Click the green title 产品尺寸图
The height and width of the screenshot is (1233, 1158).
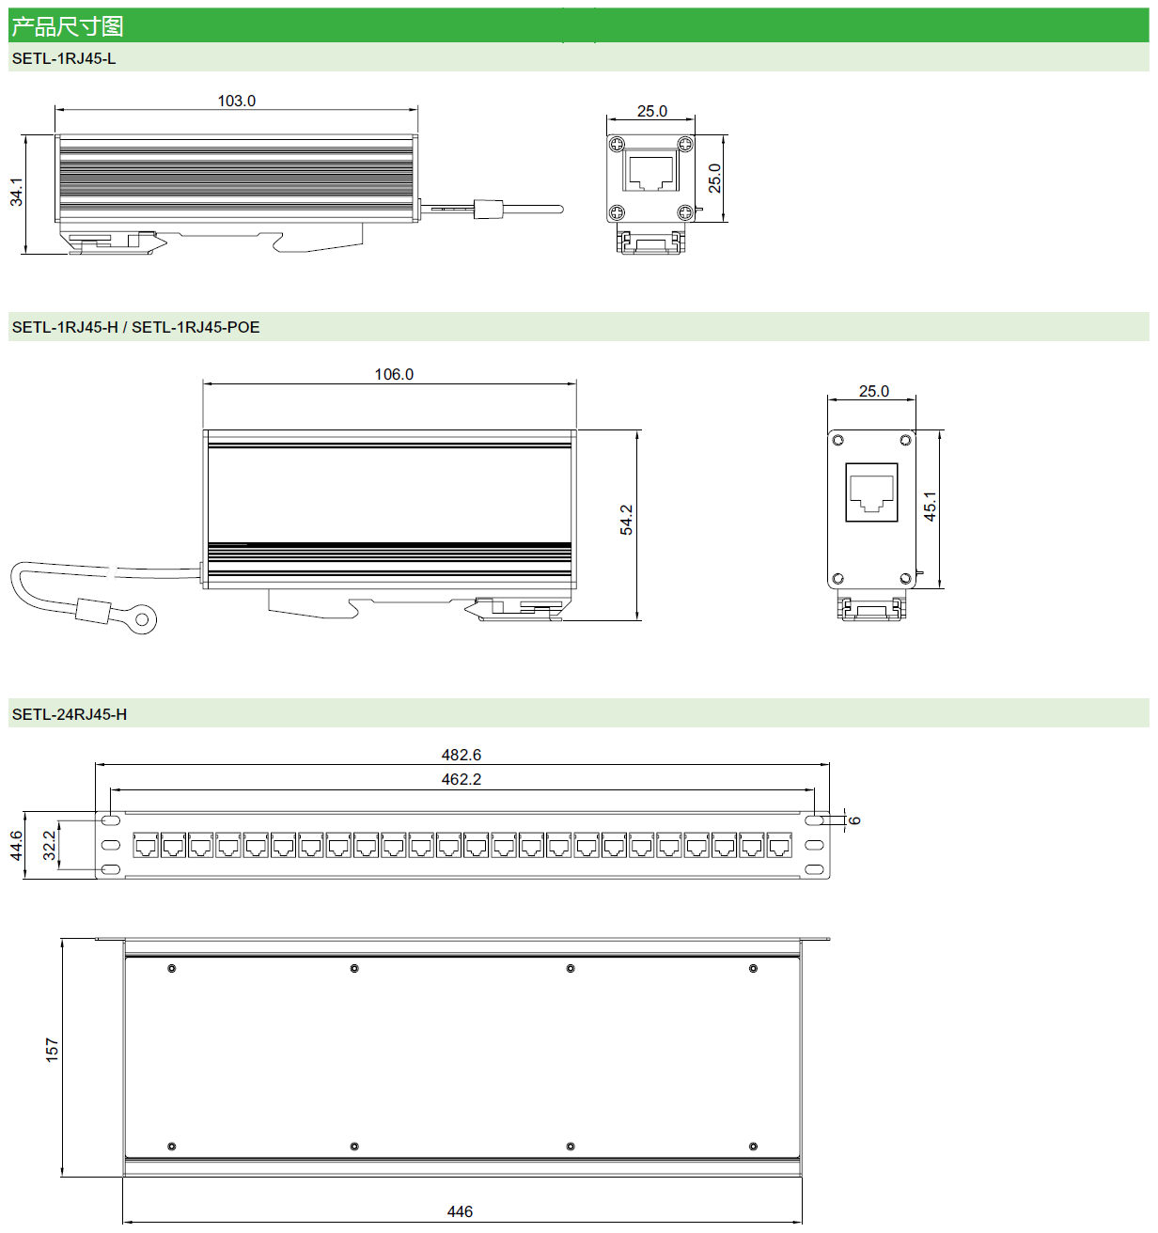(68, 26)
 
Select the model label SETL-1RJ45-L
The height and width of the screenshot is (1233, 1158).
(64, 58)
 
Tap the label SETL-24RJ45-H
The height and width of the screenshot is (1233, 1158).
(70, 714)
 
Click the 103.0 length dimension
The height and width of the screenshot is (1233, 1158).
(237, 101)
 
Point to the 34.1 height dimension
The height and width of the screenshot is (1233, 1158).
(17, 192)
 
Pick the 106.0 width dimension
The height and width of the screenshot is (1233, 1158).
(394, 374)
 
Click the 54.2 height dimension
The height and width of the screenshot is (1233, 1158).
(627, 520)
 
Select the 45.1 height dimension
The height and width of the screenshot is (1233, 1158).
(930, 507)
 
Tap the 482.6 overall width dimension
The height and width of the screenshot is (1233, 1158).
(462, 755)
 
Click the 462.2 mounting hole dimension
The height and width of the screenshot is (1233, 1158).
(462, 779)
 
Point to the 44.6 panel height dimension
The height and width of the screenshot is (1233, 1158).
(17, 845)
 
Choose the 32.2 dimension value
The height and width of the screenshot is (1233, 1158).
(49, 845)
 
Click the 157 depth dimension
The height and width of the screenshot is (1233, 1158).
(52, 1050)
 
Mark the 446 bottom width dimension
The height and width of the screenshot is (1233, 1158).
(460, 1211)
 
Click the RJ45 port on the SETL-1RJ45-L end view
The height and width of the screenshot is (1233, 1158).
(651, 172)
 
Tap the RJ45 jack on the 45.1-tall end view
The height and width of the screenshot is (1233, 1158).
(871, 492)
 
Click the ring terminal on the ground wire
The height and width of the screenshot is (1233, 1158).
(145, 619)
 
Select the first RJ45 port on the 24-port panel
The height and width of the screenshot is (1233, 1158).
(146, 846)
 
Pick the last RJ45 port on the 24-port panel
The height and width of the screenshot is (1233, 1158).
(779, 846)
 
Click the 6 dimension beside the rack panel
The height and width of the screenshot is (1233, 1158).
(854, 820)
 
